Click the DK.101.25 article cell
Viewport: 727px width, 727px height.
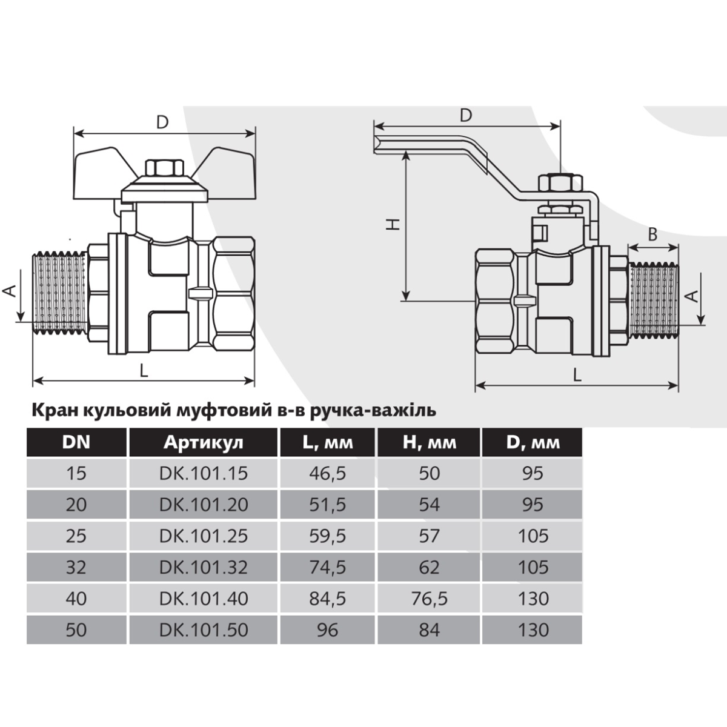pos(204,536)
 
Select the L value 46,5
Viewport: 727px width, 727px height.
pos(328,474)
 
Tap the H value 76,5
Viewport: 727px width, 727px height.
pos(430,599)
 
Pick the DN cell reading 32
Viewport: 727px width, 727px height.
pos(76,568)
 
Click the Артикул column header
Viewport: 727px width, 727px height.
pos(204,442)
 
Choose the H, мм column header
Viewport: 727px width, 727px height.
pos(430,442)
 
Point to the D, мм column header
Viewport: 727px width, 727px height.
pos(533,442)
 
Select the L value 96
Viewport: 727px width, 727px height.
pos(328,630)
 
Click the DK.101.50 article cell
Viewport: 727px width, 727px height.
pos(204,630)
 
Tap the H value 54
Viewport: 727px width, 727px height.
pos(430,505)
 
